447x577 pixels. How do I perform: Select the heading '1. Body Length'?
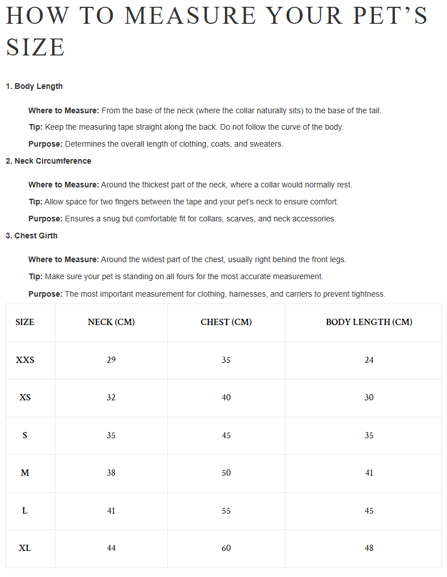(x=34, y=86)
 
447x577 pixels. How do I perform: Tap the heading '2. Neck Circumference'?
(x=48, y=161)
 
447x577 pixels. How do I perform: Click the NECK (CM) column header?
(x=111, y=322)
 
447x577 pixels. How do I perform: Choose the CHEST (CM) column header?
(x=226, y=322)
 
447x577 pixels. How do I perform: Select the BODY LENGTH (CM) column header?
(x=369, y=322)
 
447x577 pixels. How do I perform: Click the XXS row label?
(x=25, y=360)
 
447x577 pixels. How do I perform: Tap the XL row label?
(x=25, y=548)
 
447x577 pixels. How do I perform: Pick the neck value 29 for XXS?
(x=111, y=360)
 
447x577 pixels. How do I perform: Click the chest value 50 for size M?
(x=226, y=473)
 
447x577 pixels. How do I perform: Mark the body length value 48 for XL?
(x=369, y=548)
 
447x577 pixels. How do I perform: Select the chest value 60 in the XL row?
(x=226, y=548)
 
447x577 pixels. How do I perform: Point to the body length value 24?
(x=369, y=360)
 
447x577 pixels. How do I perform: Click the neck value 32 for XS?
(x=111, y=398)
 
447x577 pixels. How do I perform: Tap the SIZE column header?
(x=25, y=322)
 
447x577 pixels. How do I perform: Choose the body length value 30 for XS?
(x=369, y=398)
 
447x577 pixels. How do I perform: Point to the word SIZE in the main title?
(x=35, y=47)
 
